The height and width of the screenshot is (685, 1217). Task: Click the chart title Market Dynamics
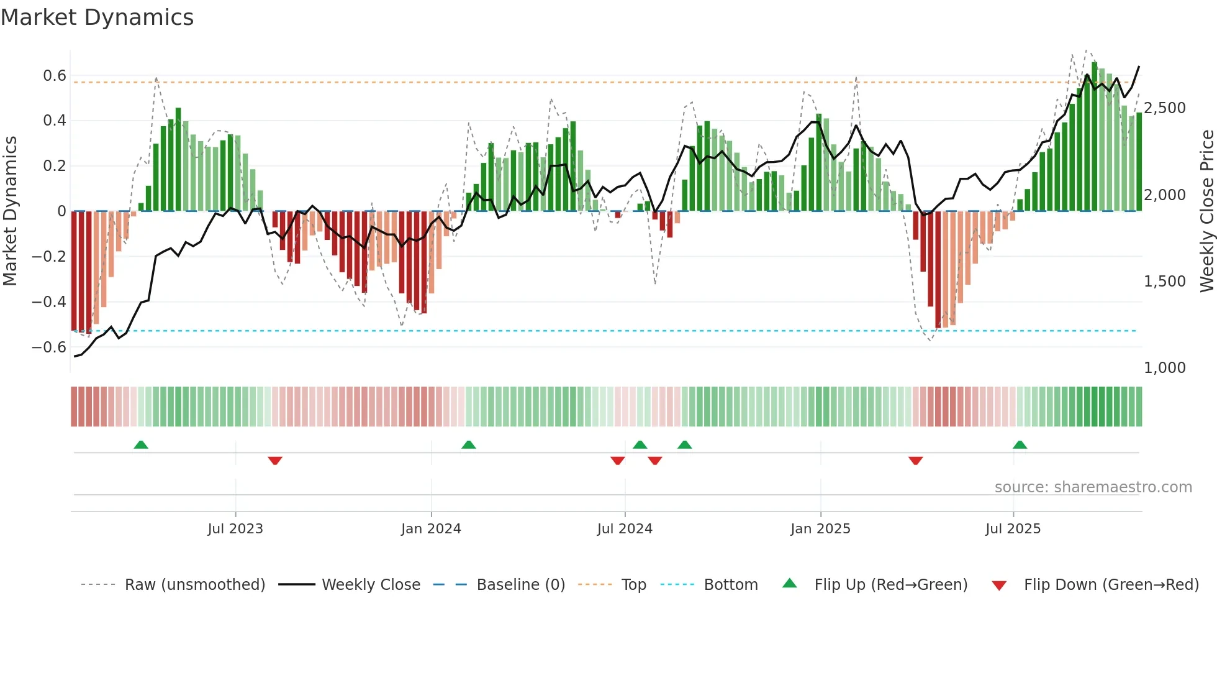point(97,17)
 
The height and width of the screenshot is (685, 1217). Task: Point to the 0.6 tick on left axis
point(55,76)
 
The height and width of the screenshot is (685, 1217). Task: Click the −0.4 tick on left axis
point(49,302)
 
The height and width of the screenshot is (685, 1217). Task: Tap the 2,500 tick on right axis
point(1164,108)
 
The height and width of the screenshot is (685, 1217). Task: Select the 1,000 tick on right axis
point(1164,368)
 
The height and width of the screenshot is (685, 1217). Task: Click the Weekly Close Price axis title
point(1206,211)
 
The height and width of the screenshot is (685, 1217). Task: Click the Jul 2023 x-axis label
point(235,529)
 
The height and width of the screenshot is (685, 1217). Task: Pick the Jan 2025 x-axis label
point(820,529)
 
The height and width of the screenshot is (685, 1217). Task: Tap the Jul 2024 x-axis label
point(625,529)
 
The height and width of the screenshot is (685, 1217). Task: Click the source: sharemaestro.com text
point(1093,487)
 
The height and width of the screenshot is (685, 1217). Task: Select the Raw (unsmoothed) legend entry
point(194,585)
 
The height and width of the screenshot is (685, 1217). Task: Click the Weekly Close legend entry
point(371,585)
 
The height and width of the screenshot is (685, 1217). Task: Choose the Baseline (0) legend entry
point(520,585)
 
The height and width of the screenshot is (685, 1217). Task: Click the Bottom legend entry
point(731,585)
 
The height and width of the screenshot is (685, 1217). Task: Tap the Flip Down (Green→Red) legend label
point(1111,585)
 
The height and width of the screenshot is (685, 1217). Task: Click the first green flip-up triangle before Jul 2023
point(141,444)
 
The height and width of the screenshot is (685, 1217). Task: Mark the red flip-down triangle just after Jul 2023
point(275,461)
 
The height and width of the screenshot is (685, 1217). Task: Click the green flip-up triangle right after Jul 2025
point(1020,444)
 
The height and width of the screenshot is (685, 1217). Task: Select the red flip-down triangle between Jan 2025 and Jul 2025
point(915,461)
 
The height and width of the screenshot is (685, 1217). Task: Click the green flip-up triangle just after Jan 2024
point(469,444)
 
